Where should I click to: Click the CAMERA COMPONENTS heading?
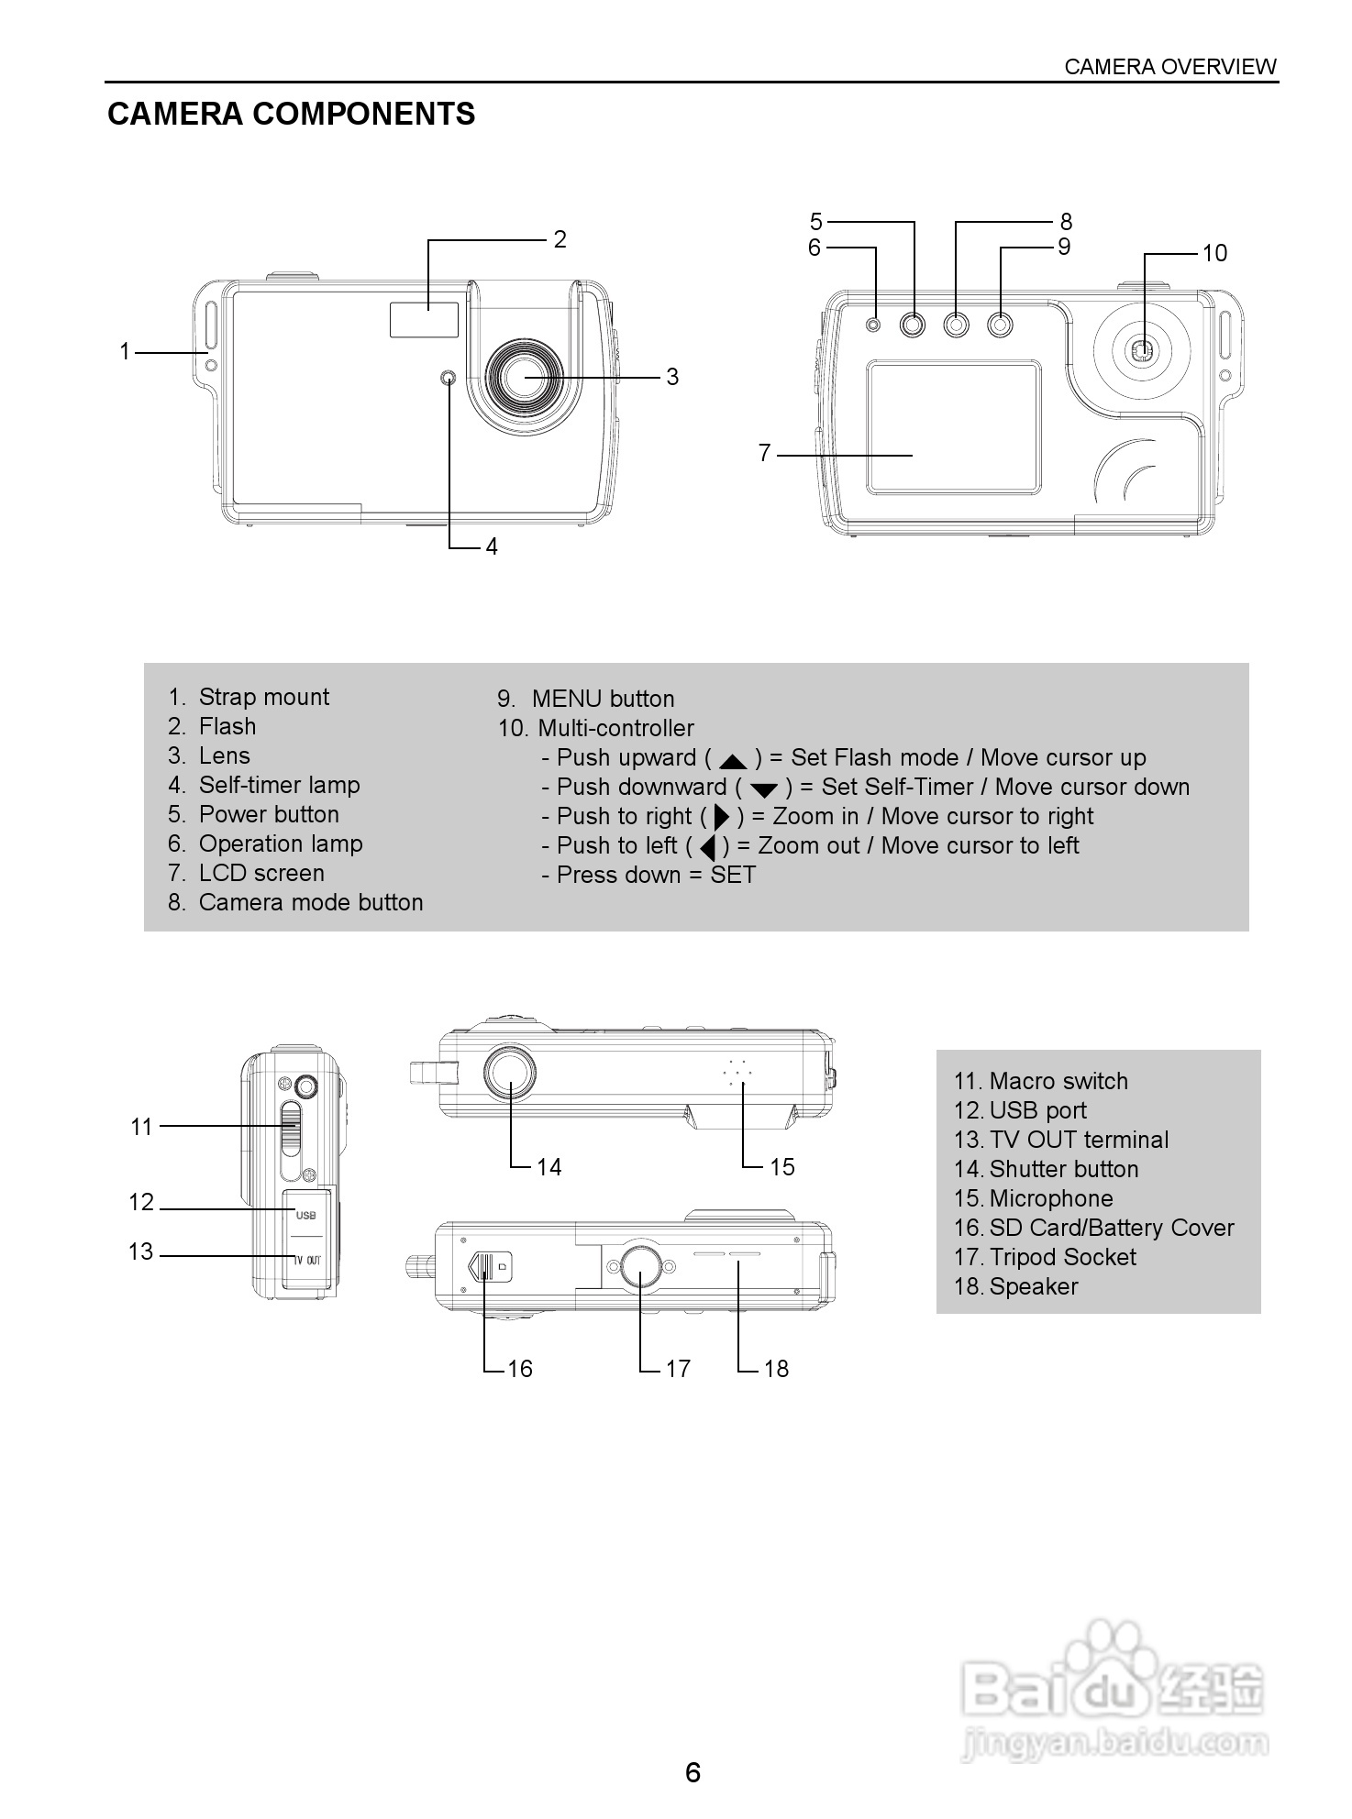pyautogui.click(x=291, y=114)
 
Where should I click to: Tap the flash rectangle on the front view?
pyautogui.click(x=424, y=319)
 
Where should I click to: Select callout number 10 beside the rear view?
pyautogui.click(x=1213, y=253)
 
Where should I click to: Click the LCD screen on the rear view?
pyautogui.click(x=954, y=426)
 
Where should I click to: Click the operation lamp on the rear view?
pyautogui.click(x=873, y=325)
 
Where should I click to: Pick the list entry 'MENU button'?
pyautogui.click(x=586, y=699)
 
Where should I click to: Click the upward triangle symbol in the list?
pyautogui.click(x=734, y=761)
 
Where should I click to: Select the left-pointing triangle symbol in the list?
pyautogui.click(x=707, y=846)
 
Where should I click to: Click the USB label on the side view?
pyautogui.click(x=306, y=1216)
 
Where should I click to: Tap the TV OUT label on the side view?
pyautogui.click(x=307, y=1261)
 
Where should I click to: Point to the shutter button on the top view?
pyautogui.click(x=510, y=1072)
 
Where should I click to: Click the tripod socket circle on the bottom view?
pyautogui.click(x=639, y=1267)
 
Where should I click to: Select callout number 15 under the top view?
pyautogui.click(x=781, y=1167)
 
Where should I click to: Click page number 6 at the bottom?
pyautogui.click(x=693, y=1772)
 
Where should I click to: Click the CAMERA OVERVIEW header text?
pyautogui.click(x=1169, y=67)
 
